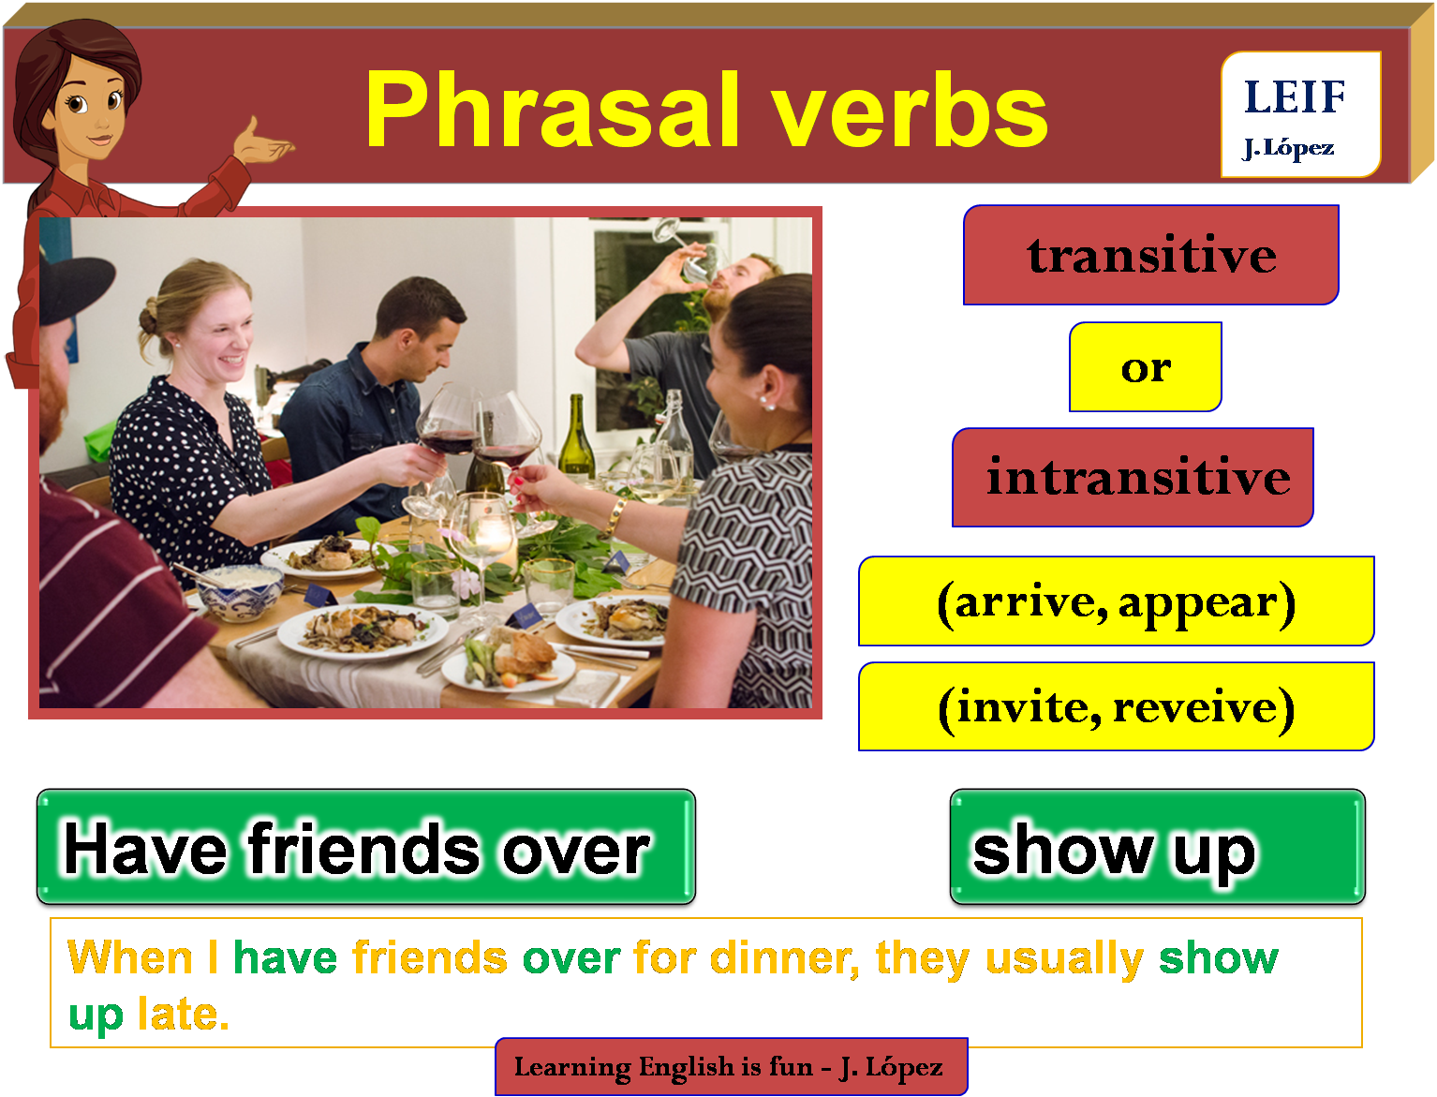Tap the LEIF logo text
(1295, 96)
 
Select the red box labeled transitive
(1150, 255)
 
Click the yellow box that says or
(1145, 367)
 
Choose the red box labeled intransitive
(1133, 478)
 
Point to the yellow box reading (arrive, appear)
(1116, 601)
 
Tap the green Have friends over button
(365, 849)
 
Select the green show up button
(1157, 849)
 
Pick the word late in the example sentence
(183, 1014)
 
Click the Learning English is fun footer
(731, 1066)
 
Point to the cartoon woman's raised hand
(265, 142)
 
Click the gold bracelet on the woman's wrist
(617, 514)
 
